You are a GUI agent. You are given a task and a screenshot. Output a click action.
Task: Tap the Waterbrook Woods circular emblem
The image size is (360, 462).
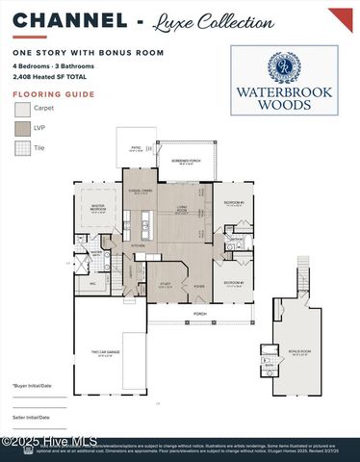point(284,67)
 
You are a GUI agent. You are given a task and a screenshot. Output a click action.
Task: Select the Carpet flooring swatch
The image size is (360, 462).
point(22,109)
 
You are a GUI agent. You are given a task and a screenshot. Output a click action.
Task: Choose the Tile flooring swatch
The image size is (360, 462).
point(22,148)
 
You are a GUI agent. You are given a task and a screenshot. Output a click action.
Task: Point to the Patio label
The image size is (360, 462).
point(136,149)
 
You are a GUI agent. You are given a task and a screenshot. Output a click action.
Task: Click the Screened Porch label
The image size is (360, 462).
point(186,164)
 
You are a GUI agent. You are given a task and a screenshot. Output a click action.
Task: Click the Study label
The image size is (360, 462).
point(165,284)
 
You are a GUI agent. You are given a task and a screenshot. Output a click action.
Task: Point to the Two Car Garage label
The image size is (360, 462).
point(105,353)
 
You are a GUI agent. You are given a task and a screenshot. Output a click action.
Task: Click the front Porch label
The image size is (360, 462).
point(200,314)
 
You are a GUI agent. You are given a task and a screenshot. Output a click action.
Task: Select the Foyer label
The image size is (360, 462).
point(198,286)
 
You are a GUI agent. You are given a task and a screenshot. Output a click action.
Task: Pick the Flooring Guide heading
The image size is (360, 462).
point(39,94)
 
